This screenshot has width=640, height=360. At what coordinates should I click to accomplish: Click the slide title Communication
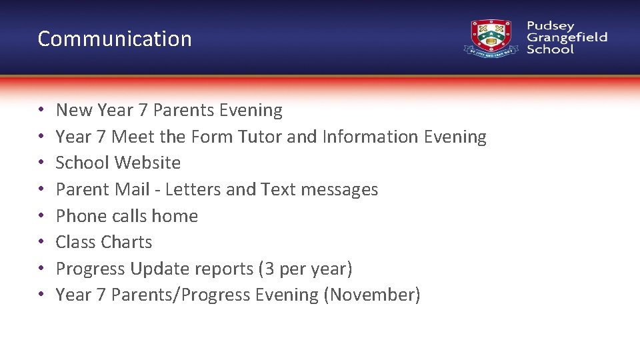point(115,39)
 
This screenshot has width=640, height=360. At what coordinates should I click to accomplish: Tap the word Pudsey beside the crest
point(550,26)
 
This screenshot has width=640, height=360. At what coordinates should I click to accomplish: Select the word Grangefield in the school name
point(567,37)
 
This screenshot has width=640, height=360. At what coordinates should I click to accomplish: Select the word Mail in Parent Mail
point(132,189)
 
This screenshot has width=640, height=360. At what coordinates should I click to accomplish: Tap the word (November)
point(371,295)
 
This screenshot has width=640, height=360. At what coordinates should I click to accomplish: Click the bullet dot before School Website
point(41,163)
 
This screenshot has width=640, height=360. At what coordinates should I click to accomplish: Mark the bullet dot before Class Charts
point(41,243)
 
